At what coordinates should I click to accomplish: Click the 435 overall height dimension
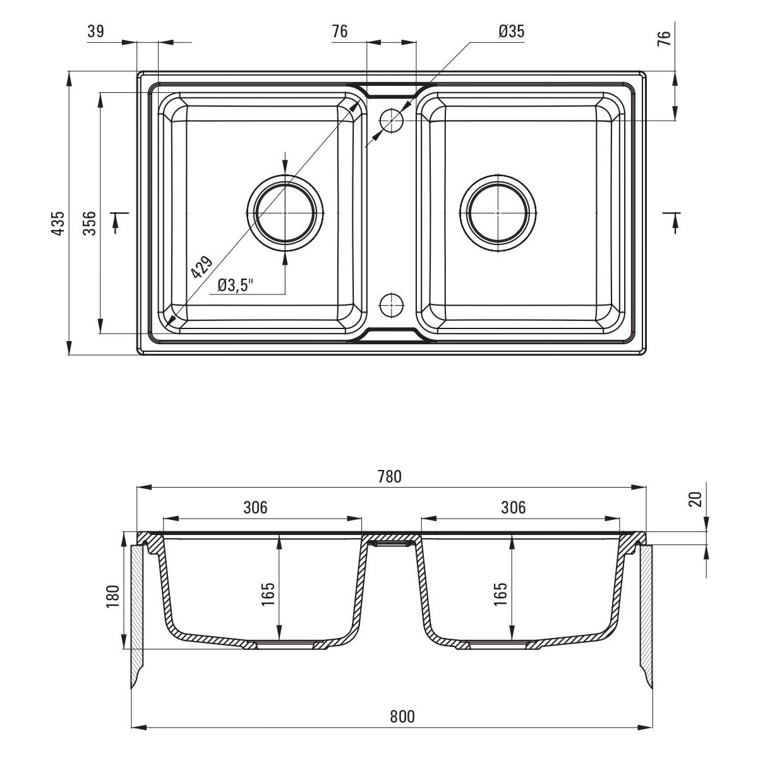point(58,223)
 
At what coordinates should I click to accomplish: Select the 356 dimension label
point(90,223)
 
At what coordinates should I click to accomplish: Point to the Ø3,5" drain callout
point(234,286)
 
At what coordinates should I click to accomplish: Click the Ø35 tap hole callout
point(512,32)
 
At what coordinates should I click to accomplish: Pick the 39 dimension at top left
point(96,32)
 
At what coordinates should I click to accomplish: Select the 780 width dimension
point(390,478)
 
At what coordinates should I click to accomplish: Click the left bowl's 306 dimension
point(255,507)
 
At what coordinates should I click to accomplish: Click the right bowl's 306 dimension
point(513,507)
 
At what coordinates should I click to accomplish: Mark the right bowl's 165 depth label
point(500,594)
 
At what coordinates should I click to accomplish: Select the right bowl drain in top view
point(498,213)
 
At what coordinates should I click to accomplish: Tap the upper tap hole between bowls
point(392,119)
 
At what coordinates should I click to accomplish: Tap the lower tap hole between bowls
point(392,304)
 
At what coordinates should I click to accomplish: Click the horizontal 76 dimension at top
point(340,32)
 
